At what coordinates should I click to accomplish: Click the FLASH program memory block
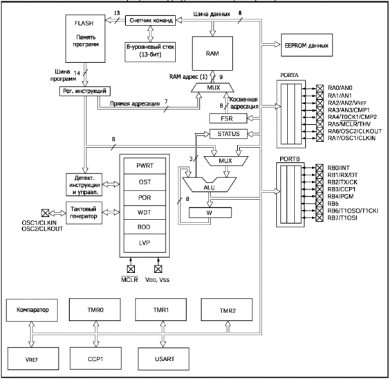coord(85,39)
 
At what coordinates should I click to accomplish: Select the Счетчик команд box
coord(150,20)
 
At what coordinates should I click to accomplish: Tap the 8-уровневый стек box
coord(150,52)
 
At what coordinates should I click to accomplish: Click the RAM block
coord(212,53)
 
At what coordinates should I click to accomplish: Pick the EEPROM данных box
coord(307,45)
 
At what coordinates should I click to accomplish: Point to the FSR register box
coord(228,118)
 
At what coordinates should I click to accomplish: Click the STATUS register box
coord(229,134)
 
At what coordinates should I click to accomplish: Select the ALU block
coord(210,184)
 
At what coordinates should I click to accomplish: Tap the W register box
coord(210,213)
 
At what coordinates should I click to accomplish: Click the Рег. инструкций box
coord(85,91)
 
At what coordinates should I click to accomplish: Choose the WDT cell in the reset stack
coord(145,212)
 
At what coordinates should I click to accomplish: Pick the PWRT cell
coord(145,166)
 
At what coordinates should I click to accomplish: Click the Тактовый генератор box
coord(84,213)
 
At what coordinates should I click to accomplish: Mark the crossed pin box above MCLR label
coord(131,269)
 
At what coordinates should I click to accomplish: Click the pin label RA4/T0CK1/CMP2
coord(352,117)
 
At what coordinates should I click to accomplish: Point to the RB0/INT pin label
coord(338,168)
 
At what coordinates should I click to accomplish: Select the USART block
coord(164,359)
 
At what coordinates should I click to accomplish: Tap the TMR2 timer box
coord(227,310)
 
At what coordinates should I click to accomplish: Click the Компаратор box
coord(32,310)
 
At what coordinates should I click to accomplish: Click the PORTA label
coord(289,75)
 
